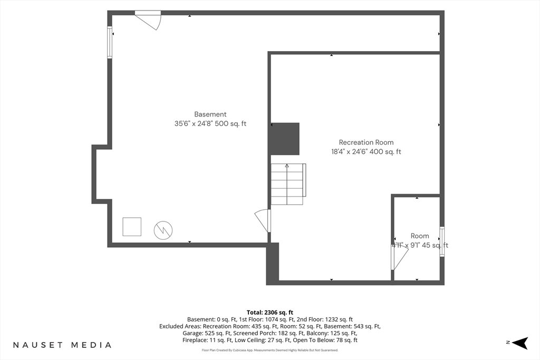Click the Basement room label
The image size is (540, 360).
click(x=210, y=114)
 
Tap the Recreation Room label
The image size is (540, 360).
click(x=366, y=142)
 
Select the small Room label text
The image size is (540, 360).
click(x=420, y=236)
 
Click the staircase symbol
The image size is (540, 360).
click(x=288, y=184)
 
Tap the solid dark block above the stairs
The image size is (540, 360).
click(x=284, y=139)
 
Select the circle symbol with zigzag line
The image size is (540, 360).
click(x=163, y=230)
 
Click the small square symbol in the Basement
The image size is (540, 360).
click(x=132, y=227)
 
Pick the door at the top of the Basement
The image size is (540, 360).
click(x=149, y=20)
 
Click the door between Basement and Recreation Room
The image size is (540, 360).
click(x=263, y=220)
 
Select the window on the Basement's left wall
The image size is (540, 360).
click(x=110, y=42)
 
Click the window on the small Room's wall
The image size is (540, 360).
click(x=442, y=241)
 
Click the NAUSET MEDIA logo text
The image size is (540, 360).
click(x=62, y=345)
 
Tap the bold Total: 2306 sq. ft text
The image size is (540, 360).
click(x=270, y=313)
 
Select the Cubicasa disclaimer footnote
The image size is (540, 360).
click(x=270, y=351)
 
